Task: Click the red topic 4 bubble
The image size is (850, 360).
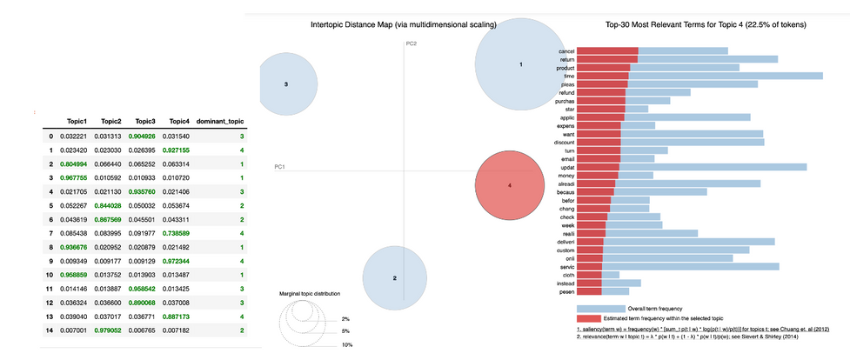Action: [510, 185]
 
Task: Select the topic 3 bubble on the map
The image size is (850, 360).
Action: [286, 84]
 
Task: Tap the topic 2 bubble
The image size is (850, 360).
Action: [394, 277]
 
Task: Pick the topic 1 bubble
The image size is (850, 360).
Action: [520, 63]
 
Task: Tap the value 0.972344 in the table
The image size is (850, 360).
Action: [176, 261]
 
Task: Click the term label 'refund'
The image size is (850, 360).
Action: [566, 91]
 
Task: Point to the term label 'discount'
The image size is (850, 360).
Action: [563, 142]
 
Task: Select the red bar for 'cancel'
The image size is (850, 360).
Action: [607, 50]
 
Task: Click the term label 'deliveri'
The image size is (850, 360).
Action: [564, 241]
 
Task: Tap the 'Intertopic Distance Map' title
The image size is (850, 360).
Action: [403, 25]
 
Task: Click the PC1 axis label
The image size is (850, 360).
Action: [280, 166]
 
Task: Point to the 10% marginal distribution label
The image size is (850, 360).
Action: [345, 345]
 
